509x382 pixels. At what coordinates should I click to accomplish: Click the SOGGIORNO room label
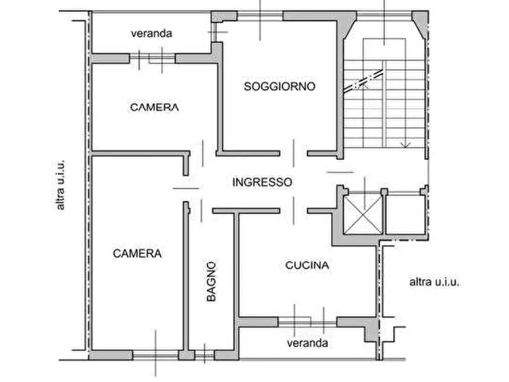(279, 87)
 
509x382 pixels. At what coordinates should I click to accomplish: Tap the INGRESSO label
(263, 182)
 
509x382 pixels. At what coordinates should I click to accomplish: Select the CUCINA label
(307, 265)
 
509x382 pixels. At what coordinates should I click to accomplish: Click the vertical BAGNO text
(210, 281)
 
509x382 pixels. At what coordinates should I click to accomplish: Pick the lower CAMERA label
(137, 253)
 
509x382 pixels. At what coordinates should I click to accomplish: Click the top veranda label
(151, 33)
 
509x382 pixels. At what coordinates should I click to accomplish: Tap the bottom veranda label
(307, 343)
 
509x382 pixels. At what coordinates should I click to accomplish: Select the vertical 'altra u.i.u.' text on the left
(61, 185)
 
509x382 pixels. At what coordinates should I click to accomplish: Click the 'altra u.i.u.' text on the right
(434, 281)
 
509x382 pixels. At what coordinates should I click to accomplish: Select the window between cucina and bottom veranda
(308, 322)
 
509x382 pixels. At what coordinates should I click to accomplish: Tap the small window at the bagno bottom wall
(205, 354)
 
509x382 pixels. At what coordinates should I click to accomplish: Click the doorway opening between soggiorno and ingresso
(294, 152)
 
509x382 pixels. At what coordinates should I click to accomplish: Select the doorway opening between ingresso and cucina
(294, 210)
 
